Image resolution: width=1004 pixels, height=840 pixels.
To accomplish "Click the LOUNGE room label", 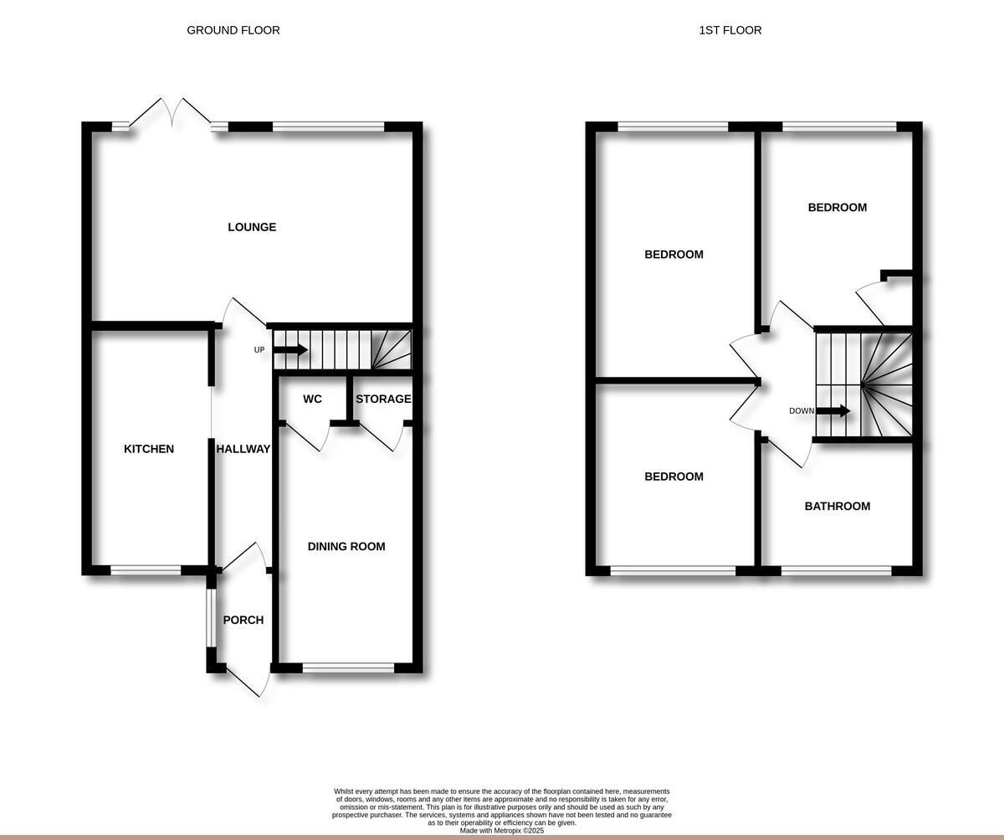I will click(x=252, y=227).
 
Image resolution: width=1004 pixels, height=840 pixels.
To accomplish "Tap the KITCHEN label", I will click(x=149, y=449).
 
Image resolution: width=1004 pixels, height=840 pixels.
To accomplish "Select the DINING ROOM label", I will click(x=346, y=546).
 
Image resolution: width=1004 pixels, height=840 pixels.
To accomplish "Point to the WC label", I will click(x=312, y=399).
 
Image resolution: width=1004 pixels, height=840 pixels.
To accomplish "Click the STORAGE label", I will click(x=383, y=399).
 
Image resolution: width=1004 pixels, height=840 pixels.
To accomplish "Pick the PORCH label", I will click(x=243, y=620).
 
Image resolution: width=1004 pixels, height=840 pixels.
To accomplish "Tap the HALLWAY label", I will click(x=243, y=449).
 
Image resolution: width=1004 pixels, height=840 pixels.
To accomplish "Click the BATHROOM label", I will click(x=838, y=506).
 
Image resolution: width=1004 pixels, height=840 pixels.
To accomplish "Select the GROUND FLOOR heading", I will click(x=233, y=30).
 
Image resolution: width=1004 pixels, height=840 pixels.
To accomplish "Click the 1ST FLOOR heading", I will click(x=730, y=30).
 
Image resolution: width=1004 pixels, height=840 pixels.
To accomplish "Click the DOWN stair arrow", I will click(x=833, y=411).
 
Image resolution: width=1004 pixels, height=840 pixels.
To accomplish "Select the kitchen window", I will click(x=146, y=571).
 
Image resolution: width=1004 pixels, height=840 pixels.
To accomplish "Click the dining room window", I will click(x=348, y=668).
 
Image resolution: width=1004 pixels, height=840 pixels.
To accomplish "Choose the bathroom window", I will click(x=837, y=571).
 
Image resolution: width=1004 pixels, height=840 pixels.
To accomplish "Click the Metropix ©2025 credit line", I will click(x=502, y=831).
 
